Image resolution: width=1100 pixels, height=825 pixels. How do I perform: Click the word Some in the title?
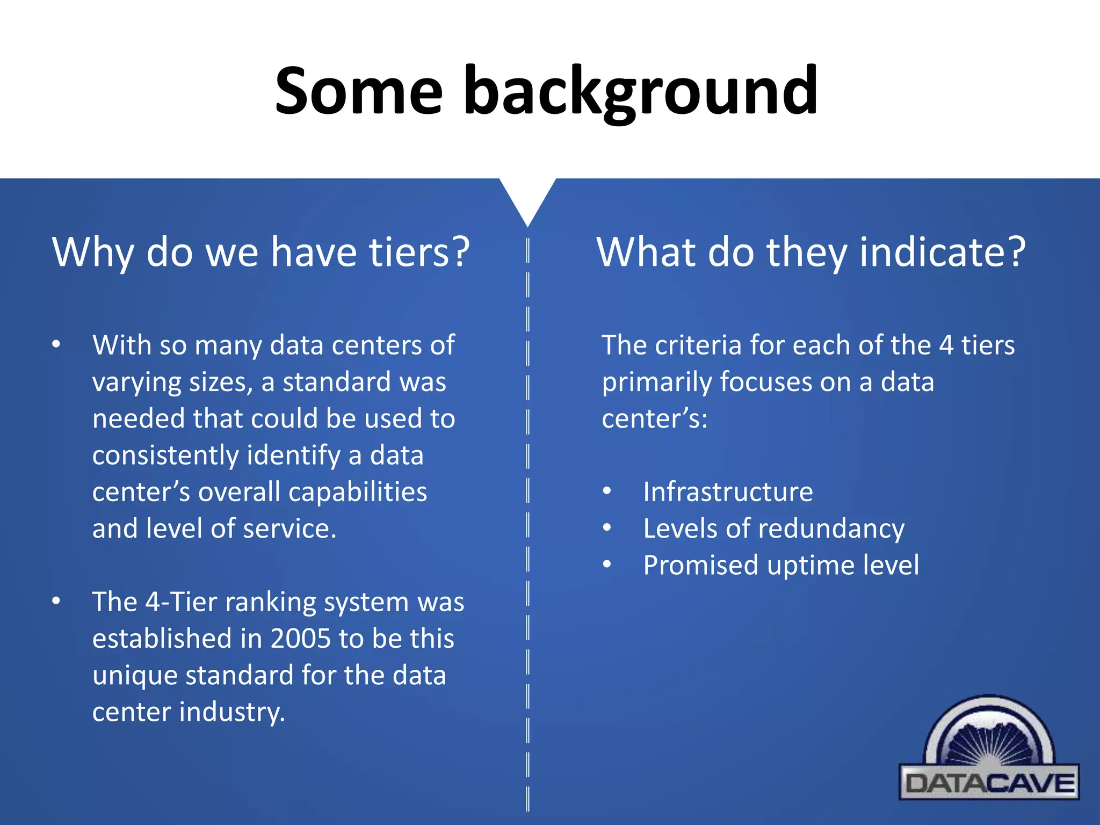click(x=358, y=91)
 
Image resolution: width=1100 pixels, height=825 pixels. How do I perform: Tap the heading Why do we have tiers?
click(x=261, y=252)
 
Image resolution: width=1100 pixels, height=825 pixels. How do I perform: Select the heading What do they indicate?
click(x=811, y=252)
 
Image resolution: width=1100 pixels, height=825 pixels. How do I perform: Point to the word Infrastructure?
click(x=728, y=492)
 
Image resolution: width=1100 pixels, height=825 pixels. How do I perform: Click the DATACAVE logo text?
click(x=989, y=783)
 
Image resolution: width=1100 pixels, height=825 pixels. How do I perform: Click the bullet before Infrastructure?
click(x=607, y=491)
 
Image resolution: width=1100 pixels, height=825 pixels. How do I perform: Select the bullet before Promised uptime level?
click(x=607, y=565)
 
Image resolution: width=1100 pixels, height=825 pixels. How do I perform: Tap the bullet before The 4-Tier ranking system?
click(x=56, y=601)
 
